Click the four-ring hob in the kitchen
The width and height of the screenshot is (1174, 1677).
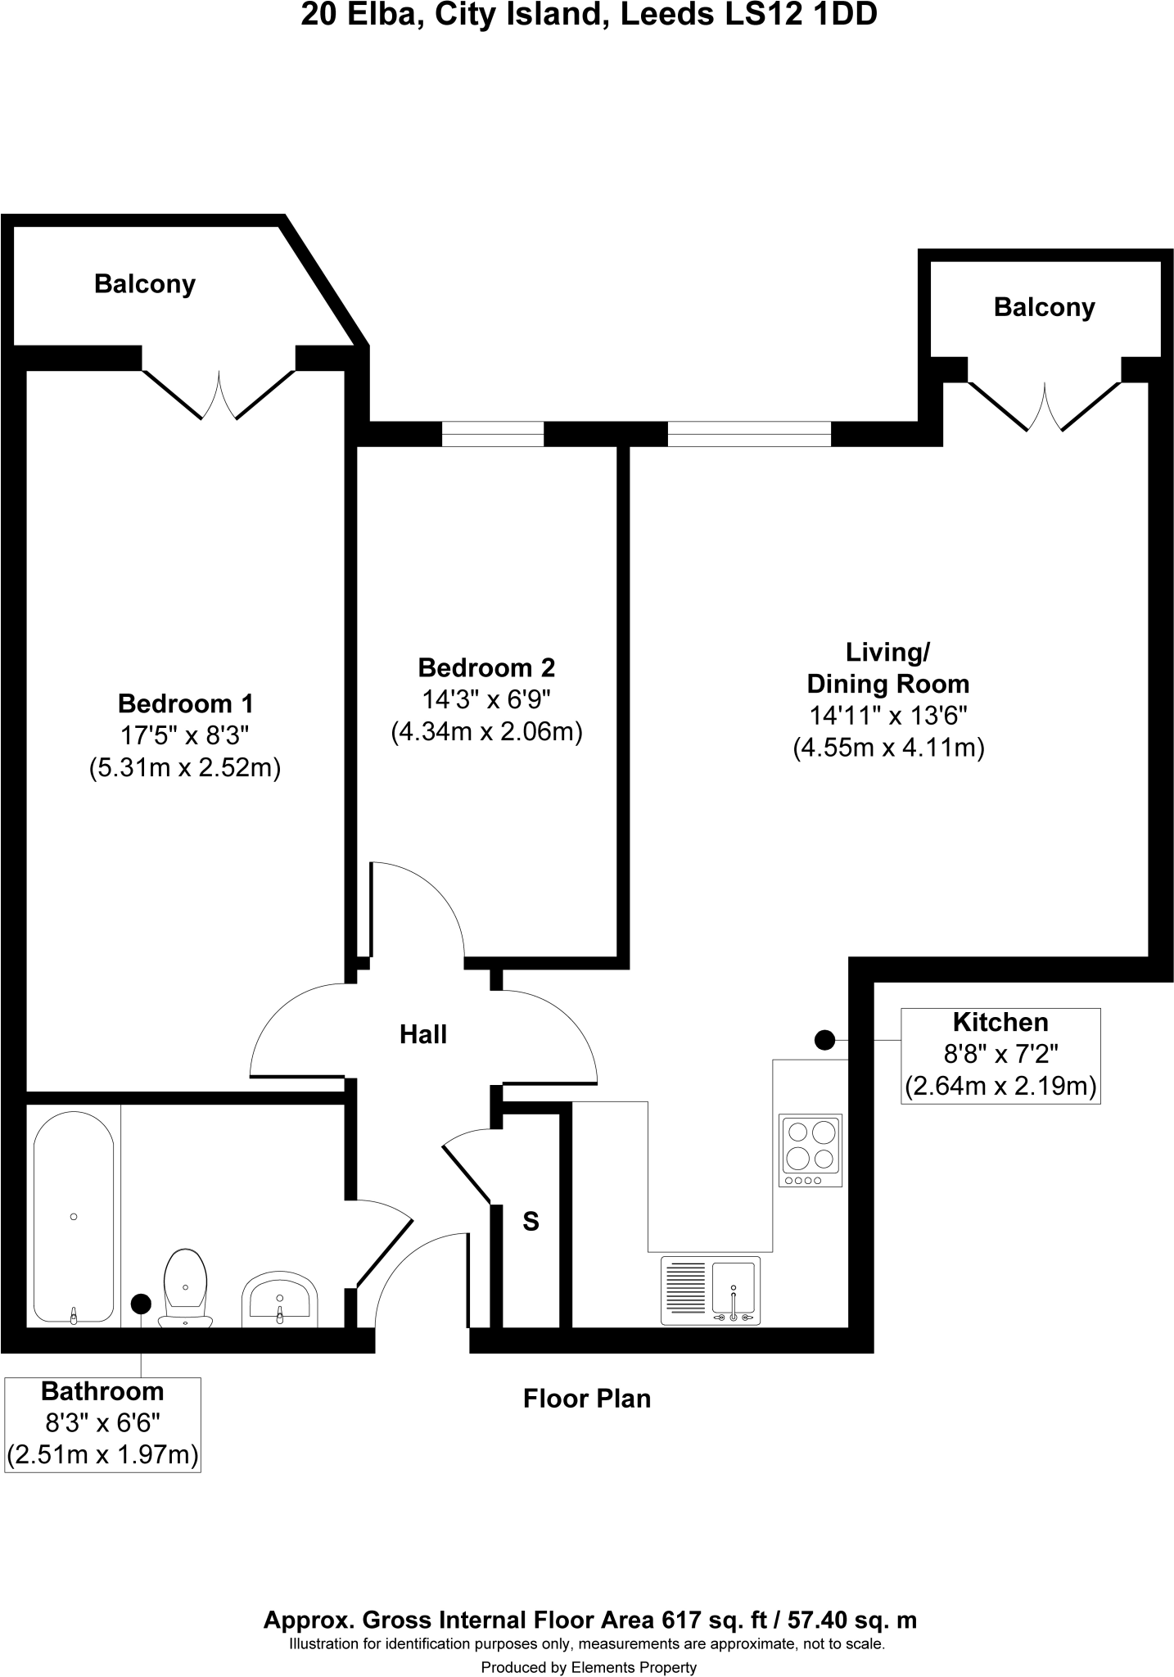tap(811, 1150)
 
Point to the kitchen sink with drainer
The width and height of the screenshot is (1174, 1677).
tap(711, 1291)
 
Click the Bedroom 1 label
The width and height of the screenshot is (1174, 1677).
tap(186, 703)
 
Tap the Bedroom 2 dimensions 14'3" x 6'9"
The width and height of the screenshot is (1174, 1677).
tap(486, 699)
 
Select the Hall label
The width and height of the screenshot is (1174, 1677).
tap(423, 1034)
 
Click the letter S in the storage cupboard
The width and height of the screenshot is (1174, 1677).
tap(531, 1222)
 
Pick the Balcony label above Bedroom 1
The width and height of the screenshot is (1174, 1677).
tap(145, 284)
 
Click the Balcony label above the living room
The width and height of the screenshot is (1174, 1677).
tap(1044, 307)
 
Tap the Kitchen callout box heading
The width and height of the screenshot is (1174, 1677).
tap(1000, 1022)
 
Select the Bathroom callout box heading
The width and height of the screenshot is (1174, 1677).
tap(102, 1391)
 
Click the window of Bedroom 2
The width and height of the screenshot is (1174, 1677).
tap(493, 434)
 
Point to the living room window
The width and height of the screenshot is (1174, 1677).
tap(749, 434)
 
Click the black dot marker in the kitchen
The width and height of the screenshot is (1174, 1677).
tap(824, 1040)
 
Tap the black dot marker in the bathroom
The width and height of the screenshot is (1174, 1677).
tap(141, 1303)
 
